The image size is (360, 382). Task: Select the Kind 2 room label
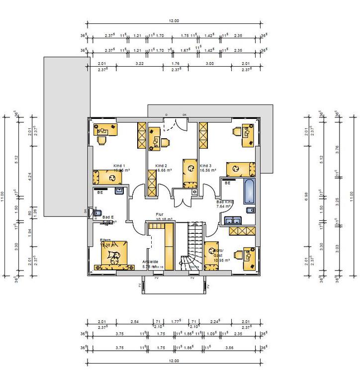pyautogui.click(x=161, y=165)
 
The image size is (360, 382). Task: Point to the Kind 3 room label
pyautogui.click(x=206, y=165)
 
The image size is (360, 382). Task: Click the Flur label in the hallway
pyautogui.click(x=160, y=214)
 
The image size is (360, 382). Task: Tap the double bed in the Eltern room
pyautogui.click(x=114, y=254)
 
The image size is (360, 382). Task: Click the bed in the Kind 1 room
pyautogui.click(x=107, y=177)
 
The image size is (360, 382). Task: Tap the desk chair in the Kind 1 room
pyautogui.click(x=101, y=140)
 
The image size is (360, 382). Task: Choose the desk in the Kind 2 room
pyautogui.click(x=154, y=137)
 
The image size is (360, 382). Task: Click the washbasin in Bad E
pyautogui.click(x=119, y=191)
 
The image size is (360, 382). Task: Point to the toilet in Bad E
pyautogui.click(x=96, y=211)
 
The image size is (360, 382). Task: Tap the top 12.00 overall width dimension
pyautogui.click(x=174, y=21)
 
